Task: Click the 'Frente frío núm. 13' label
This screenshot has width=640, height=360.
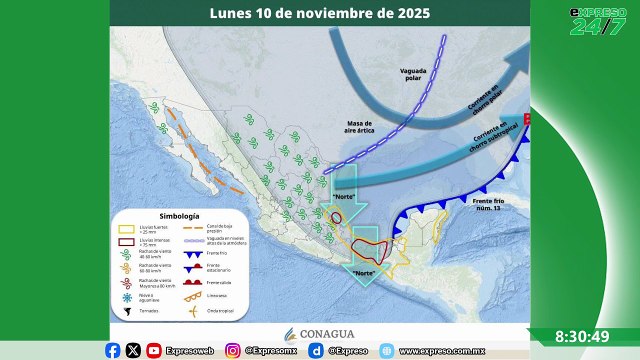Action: [x=491, y=205]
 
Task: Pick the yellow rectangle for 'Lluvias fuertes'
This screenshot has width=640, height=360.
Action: [x=125, y=229]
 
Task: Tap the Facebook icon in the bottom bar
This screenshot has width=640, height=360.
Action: [x=112, y=350]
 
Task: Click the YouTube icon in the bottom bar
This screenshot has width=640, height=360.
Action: [x=153, y=350]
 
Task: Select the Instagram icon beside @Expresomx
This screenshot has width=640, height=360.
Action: [x=232, y=350]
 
